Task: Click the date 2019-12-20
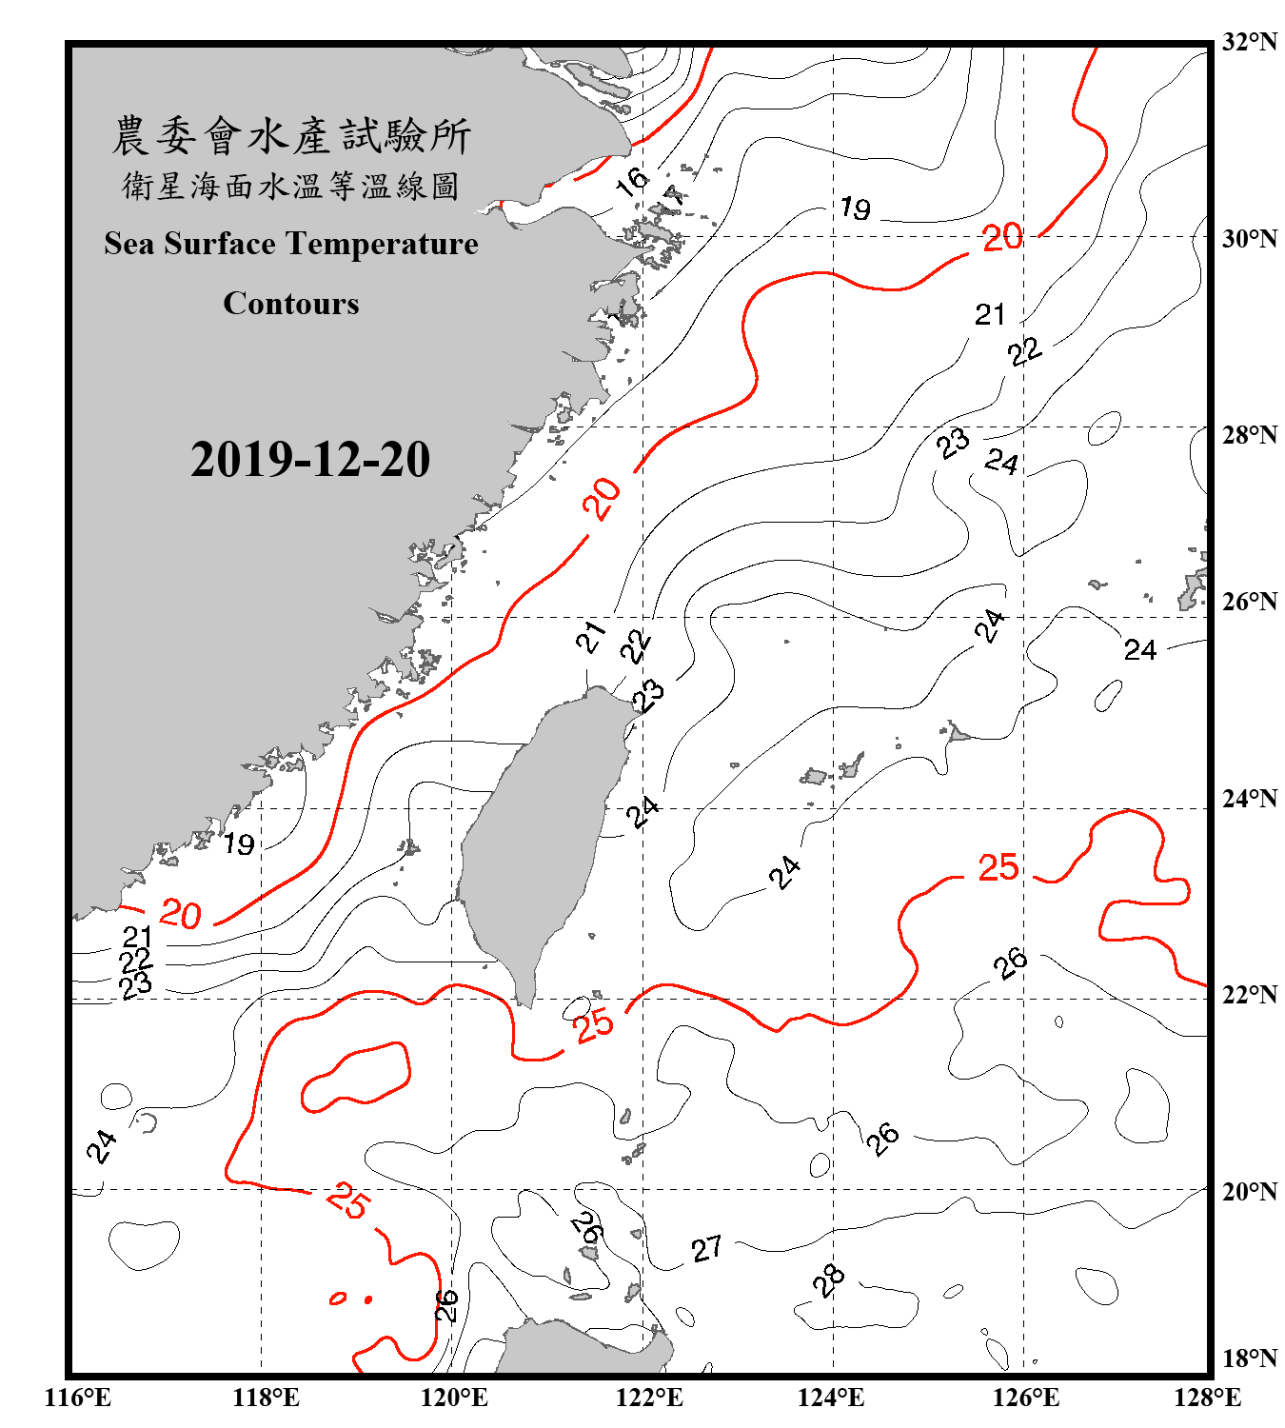click(x=310, y=460)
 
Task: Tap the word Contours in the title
click(x=291, y=304)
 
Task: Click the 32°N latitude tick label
click(x=1249, y=42)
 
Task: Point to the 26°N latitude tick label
click(x=1249, y=602)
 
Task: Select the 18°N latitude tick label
click(x=1249, y=1359)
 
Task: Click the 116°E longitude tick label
click(x=78, y=1398)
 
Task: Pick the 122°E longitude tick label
click(x=649, y=1398)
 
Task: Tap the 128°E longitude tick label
click(x=1207, y=1398)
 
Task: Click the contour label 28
click(x=829, y=1280)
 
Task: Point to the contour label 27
click(x=706, y=1248)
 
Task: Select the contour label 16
click(x=631, y=181)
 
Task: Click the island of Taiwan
click(x=538, y=838)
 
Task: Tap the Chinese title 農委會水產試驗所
click(x=291, y=136)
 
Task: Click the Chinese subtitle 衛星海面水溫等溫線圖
click(x=291, y=186)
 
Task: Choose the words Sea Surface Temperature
click(x=291, y=245)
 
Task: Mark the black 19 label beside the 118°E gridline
click(x=239, y=843)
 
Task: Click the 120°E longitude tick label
click(x=454, y=1398)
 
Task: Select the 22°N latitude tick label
click(x=1249, y=995)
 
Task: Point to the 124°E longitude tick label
click(x=831, y=1398)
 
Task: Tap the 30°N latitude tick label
click(x=1249, y=239)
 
